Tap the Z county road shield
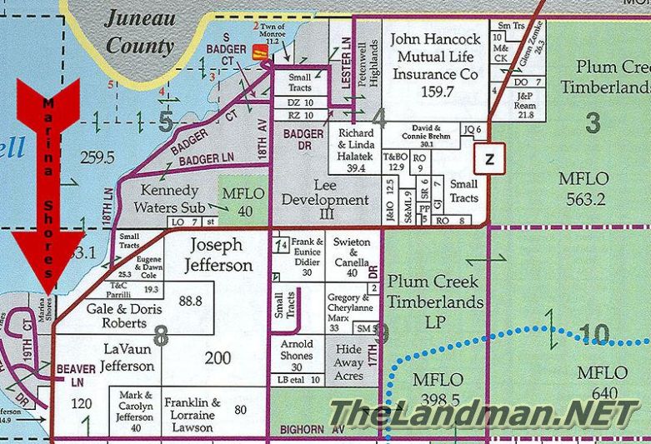point(489,158)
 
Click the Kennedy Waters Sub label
point(170,198)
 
